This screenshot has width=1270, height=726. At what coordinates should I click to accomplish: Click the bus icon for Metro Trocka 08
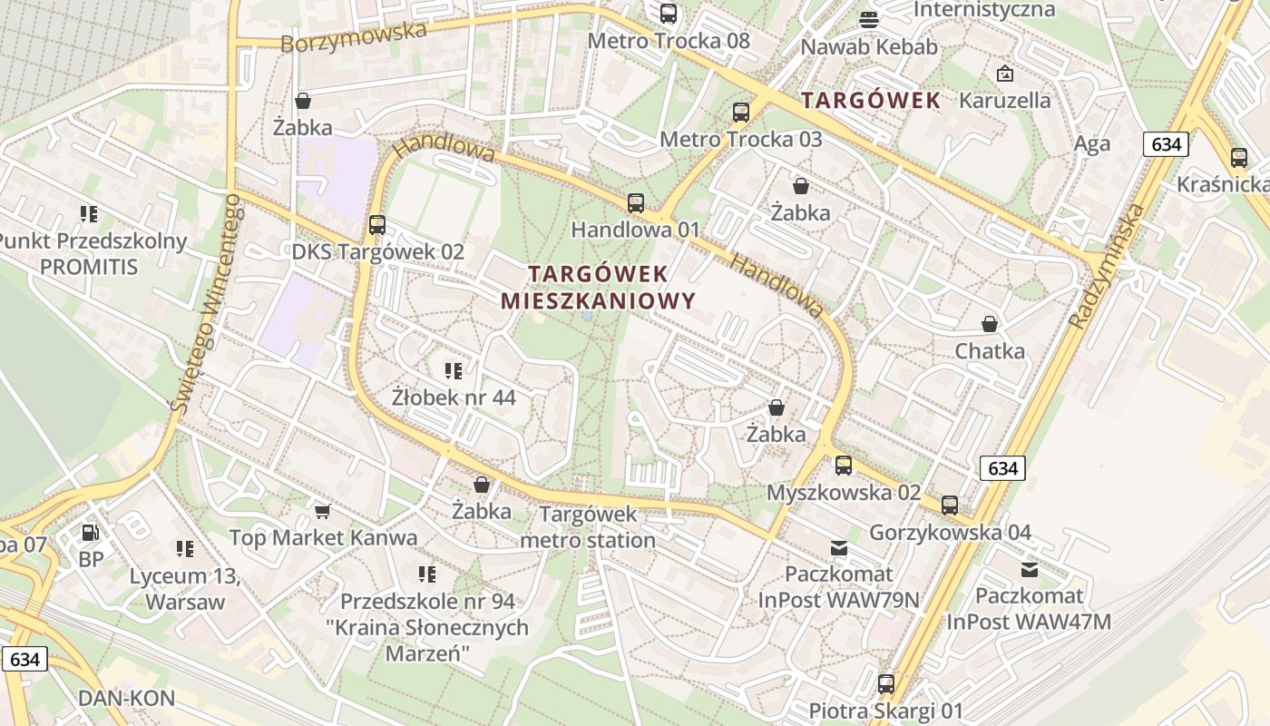669,14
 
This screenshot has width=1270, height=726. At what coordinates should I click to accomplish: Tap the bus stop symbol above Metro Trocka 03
741,113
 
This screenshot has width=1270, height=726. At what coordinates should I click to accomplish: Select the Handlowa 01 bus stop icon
636,203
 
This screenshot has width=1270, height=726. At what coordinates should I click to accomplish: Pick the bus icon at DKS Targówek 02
377,225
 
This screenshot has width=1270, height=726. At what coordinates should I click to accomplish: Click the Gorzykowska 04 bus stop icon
950,505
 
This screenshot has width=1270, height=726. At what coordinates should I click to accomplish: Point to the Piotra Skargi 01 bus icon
886,684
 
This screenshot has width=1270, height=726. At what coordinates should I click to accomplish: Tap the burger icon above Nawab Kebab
869,19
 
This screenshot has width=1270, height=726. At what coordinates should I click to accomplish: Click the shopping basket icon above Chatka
990,324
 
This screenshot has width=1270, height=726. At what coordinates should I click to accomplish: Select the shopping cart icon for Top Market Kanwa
322,512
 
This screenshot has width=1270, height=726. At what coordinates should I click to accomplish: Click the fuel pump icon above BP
91,533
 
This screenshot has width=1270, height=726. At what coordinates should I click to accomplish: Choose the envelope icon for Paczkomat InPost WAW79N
839,548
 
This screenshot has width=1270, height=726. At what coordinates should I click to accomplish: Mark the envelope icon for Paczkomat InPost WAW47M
1029,570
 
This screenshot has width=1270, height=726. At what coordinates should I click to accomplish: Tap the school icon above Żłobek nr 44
454,370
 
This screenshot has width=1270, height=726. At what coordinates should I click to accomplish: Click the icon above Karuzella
1004,74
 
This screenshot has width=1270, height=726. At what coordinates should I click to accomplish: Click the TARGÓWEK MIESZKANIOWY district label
598,287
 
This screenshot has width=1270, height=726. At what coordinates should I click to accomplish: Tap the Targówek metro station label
588,527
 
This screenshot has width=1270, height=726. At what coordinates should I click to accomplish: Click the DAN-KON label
126,698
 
